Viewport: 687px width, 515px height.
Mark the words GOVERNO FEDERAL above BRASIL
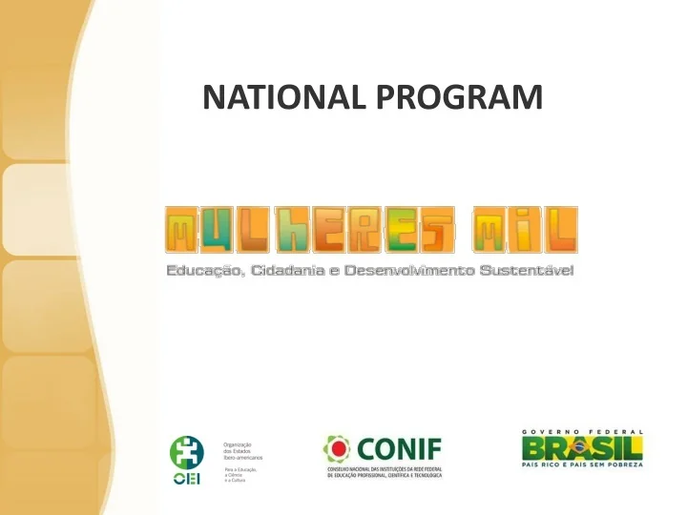click(x=581, y=432)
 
